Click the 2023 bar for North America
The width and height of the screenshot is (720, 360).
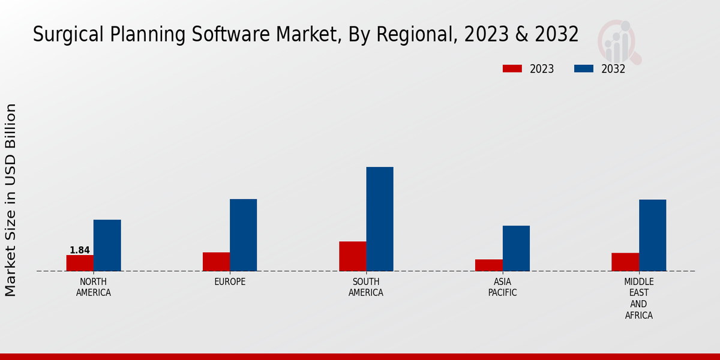point(80,263)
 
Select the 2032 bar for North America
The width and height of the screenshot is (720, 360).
point(107,245)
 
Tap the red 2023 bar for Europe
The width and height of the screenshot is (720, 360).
point(216,262)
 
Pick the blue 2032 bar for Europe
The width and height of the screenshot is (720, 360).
point(243,235)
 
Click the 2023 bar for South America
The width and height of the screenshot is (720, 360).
point(352,256)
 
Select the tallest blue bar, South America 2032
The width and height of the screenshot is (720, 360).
point(380,219)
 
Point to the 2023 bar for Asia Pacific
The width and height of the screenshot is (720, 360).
point(488,265)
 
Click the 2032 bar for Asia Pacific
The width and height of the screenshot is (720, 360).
point(516,248)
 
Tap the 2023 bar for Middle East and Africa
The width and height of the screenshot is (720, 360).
point(625,262)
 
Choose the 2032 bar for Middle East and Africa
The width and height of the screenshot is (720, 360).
point(652,235)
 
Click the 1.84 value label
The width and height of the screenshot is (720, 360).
point(80,250)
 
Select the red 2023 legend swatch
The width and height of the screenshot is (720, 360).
point(512,69)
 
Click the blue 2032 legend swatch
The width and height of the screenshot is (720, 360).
point(583,69)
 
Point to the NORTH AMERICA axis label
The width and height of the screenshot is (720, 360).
point(94,287)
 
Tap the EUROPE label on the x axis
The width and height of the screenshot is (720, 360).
point(230,282)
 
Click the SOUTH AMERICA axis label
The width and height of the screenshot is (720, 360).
point(366,287)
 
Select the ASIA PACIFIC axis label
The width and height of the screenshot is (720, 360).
point(502,287)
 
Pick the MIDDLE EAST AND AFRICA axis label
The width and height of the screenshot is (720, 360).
point(639,299)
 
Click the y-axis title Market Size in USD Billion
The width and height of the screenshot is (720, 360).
point(11,200)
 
